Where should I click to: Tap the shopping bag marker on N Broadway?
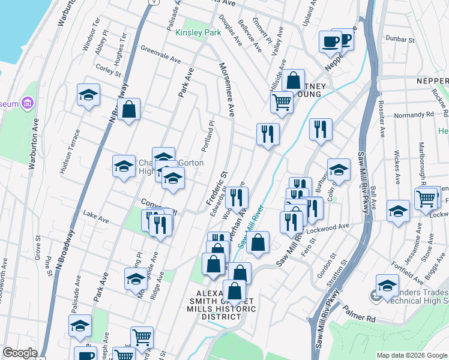tap(128, 109)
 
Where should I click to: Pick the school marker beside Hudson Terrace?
tap(88, 95)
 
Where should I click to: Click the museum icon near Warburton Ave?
tap(27, 103)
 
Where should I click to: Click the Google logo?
tap(20, 353)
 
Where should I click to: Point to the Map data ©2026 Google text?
tap(411, 355)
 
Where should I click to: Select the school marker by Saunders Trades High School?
tap(387, 284)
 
